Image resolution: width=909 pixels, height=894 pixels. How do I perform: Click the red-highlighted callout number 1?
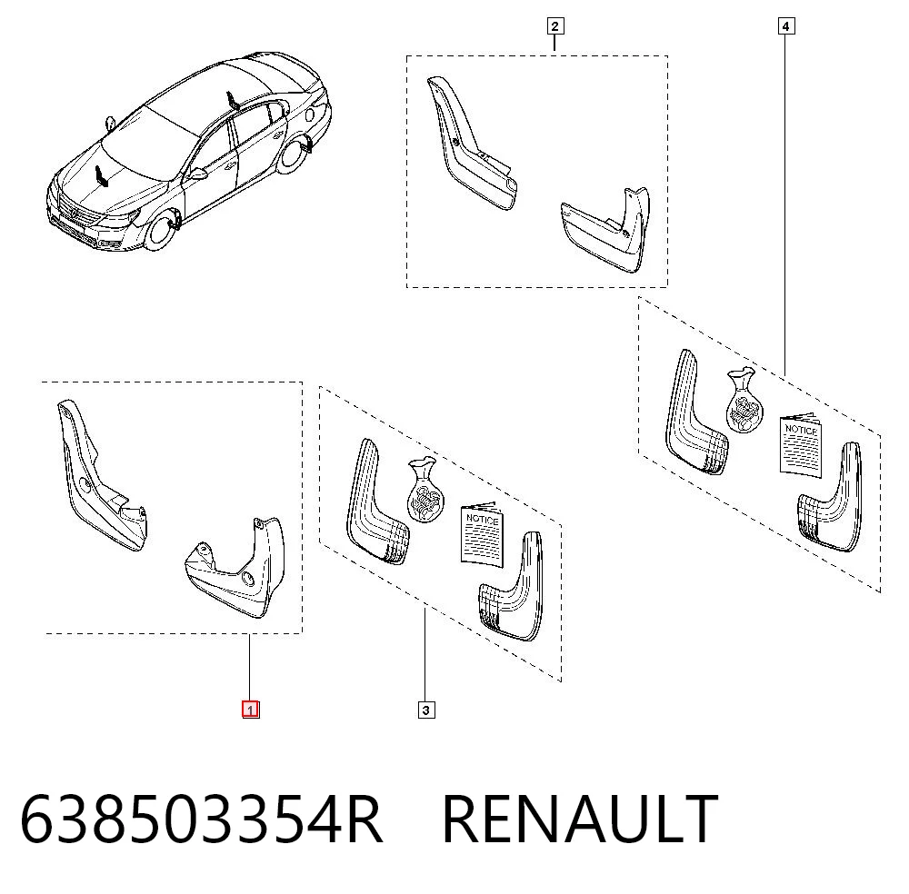coord(251,710)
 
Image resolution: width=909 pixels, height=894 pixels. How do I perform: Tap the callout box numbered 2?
coord(554,26)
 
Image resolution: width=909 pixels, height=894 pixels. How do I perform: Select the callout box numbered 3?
coord(426,710)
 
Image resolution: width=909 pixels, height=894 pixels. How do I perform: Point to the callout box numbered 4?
coord(785,26)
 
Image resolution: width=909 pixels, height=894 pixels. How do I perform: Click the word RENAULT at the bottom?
coord(580,819)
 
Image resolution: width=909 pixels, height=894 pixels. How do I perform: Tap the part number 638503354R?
coord(201,819)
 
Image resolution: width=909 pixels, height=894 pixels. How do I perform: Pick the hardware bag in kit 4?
coord(744,401)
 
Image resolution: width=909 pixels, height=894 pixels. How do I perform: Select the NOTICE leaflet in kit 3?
coord(483,535)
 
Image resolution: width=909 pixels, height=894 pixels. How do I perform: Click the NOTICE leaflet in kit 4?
coord(801,445)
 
